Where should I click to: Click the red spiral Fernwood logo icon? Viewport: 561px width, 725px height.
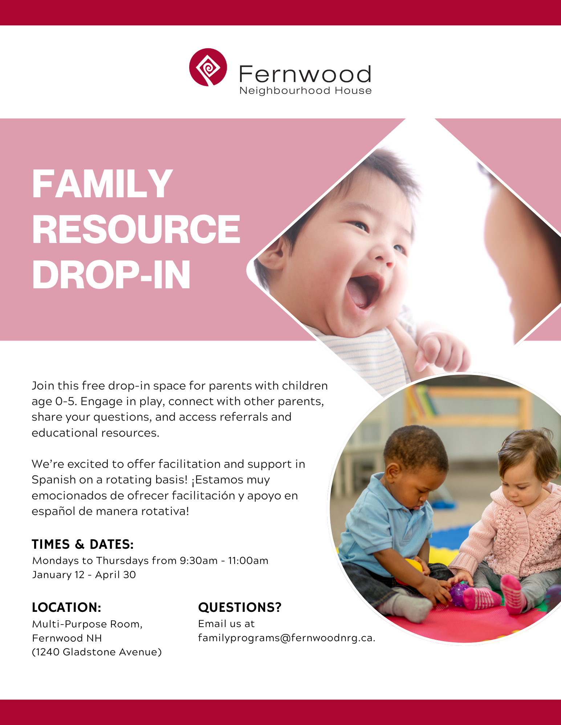point(208,67)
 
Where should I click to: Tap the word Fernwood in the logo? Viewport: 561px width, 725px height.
point(305,74)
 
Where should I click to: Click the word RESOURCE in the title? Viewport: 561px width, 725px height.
point(136,229)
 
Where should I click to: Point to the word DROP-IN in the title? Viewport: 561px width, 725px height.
point(111,275)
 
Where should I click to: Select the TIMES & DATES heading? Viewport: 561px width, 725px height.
point(83,544)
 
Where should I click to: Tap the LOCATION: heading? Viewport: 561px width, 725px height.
point(66,607)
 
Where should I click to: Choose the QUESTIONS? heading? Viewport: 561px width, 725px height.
point(240,607)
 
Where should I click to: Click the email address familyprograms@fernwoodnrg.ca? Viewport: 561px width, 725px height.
point(286,638)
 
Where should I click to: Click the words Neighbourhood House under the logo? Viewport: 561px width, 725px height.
point(305,91)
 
